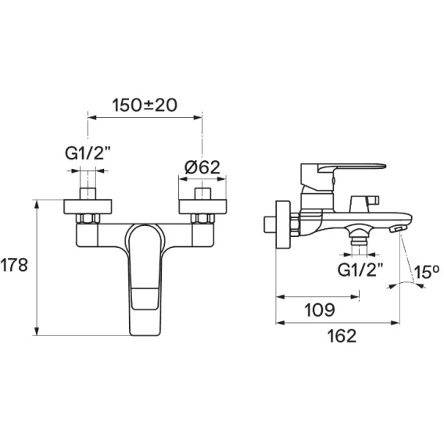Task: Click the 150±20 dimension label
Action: [x=145, y=105]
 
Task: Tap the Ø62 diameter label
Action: [x=202, y=167]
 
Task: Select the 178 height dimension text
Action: [x=14, y=265]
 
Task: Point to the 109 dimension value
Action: [x=320, y=310]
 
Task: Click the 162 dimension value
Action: [x=342, y=336]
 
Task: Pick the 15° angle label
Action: [x=427, y=272]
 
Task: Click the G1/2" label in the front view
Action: [x=88, y=154]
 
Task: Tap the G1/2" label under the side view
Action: [x=360, y=270]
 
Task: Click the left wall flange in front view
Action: [x=88, y=206]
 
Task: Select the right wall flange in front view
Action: [x=202, y=206]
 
